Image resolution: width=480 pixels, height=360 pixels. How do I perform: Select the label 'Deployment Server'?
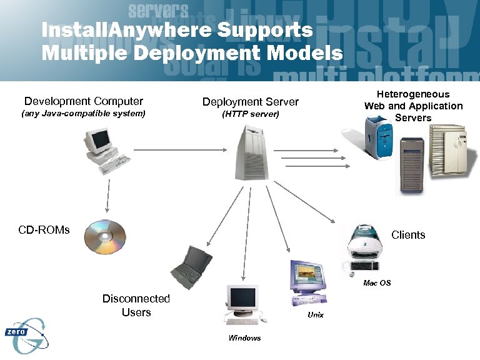click(250, 102)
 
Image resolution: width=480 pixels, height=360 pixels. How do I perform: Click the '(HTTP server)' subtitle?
click(250, 115)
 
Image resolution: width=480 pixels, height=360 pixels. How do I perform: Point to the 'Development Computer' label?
click(83, 101)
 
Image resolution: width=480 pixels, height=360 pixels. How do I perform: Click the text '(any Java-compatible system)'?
click(83, 114)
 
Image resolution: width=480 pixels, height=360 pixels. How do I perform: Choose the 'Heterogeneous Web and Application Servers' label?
click(413, 106)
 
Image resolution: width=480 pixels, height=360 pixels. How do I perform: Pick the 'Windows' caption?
click(244, 338)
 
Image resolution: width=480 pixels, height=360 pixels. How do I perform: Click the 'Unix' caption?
click(316, 315)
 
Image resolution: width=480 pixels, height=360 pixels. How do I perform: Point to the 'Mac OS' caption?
click(377, 283)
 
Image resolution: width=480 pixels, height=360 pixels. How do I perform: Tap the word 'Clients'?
click(407, 235)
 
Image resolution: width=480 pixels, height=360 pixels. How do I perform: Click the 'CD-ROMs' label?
click(44, 230)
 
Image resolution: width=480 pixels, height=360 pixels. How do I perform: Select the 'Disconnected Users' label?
click(136, 306)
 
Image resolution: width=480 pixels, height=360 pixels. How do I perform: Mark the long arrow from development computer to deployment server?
click(180, 150)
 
